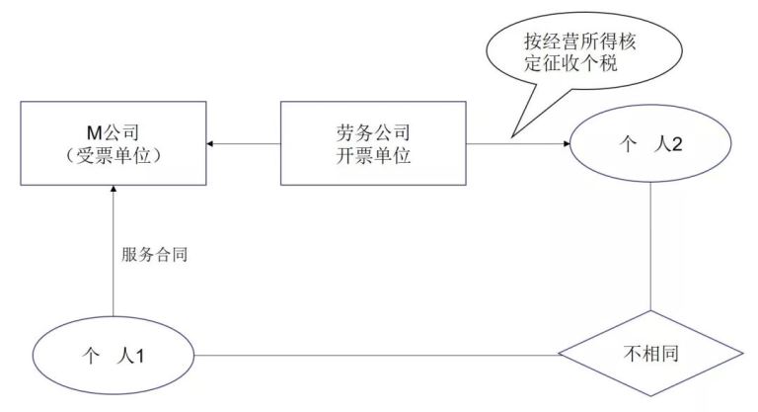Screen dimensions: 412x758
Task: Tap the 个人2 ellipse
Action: [651, 143]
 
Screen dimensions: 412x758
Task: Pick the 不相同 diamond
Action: [651, 353]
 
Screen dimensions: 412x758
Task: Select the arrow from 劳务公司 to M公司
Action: [246, 144]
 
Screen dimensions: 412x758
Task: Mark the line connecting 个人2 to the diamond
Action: [651, 247]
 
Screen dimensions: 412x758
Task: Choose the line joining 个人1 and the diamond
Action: [375, 354]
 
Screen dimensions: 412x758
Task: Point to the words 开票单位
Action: [372, 156]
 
